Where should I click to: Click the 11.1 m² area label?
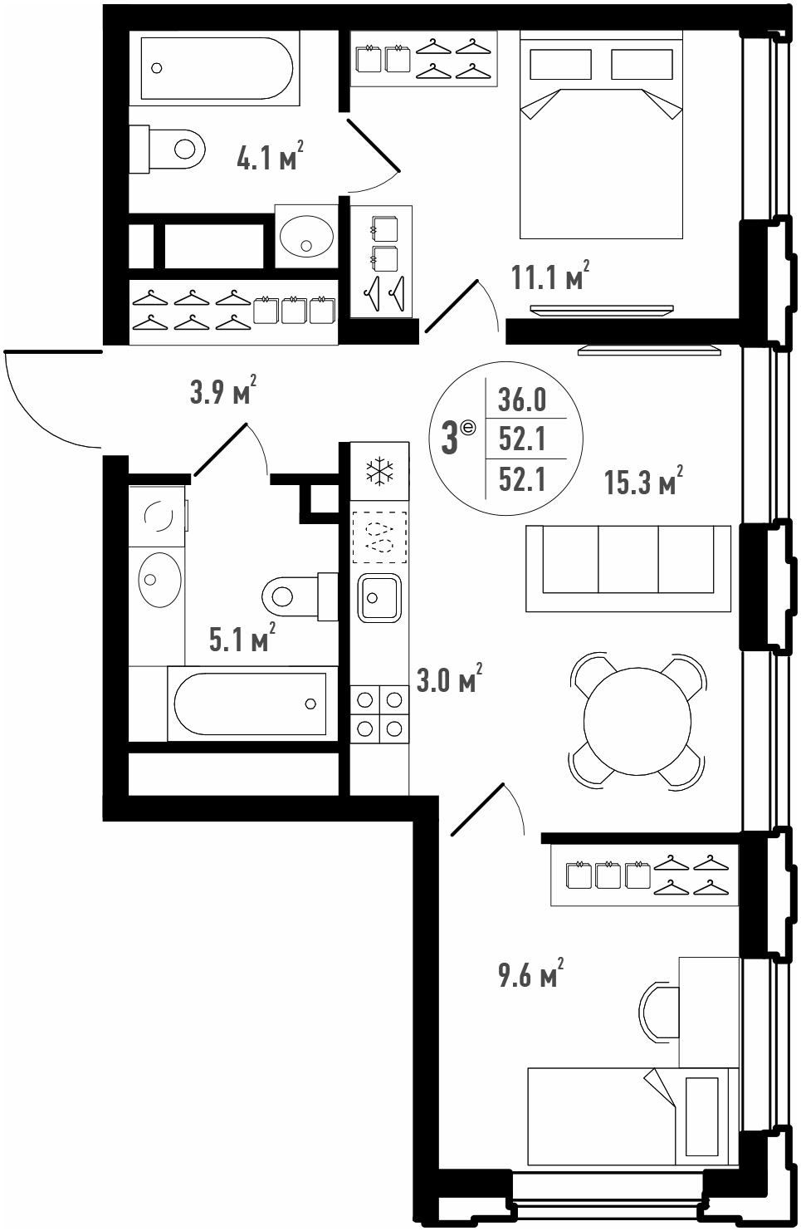550,276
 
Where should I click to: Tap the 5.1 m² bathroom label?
242,637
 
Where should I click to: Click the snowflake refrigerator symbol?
380,472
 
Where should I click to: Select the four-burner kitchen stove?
379,714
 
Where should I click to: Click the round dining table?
637,721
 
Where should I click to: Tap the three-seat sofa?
628,568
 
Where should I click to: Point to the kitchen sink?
379,598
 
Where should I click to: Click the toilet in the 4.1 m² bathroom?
167,149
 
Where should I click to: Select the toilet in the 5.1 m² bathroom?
300,596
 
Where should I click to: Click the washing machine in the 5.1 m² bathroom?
158,516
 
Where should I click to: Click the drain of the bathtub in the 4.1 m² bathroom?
157,68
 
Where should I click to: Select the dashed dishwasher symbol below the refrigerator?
379,537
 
